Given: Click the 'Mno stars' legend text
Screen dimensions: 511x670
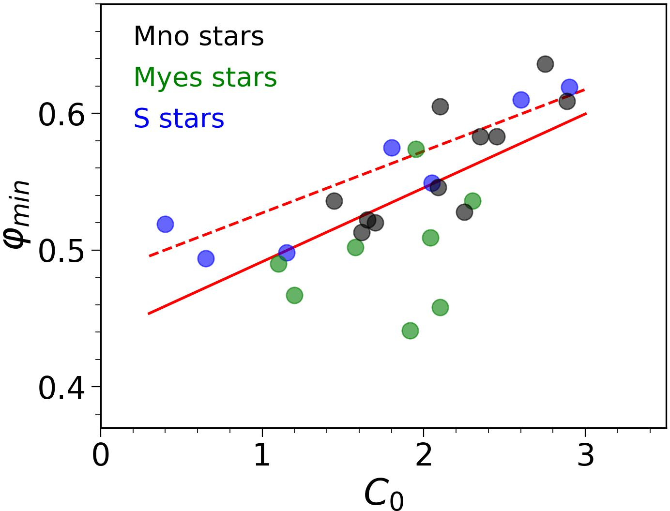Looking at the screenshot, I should coord(198,37).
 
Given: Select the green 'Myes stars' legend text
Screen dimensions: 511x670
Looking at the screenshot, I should coord(205,78).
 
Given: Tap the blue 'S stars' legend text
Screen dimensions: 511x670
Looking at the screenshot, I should coord(179,119).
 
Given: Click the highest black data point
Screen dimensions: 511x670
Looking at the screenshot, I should coord(545,64).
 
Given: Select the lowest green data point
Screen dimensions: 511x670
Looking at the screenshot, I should coord(410,331).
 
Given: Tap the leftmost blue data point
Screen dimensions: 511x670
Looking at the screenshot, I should coord(165,224).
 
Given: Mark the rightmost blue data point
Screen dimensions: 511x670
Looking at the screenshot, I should coord(569,88).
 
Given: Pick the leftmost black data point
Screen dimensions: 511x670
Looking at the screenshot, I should coord(334,201).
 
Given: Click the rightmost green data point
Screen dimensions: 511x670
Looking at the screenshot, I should coord(472,201).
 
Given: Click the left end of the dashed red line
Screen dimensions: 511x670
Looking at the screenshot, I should coord(149,256).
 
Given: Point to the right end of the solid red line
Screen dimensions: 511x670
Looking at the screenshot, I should coord(586,113).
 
